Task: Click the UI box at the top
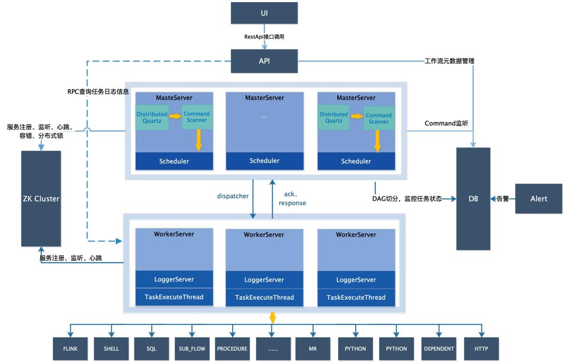(x=264, y=12)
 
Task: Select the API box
(x=264, y=61)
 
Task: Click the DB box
(x=473, y=199)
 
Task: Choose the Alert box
(x=538, y=199)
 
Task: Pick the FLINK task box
(x=70, y=349)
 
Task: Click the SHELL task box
(x=111, y=349)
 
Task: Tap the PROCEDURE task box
(x=232, y=349)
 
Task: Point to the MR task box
(x=313, y=349)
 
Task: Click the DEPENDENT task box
(x=438, y=349)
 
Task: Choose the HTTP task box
(x=481, y=349)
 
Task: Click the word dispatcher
(x=232, y=196)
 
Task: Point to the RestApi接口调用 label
(x=264, y=36)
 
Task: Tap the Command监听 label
(x=446, y=124)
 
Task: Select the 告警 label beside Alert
(x=502, y=199)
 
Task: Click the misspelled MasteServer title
(x=174, y=98)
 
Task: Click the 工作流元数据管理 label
(x=449, y=61)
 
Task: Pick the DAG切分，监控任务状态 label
(x=407, y=199)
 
